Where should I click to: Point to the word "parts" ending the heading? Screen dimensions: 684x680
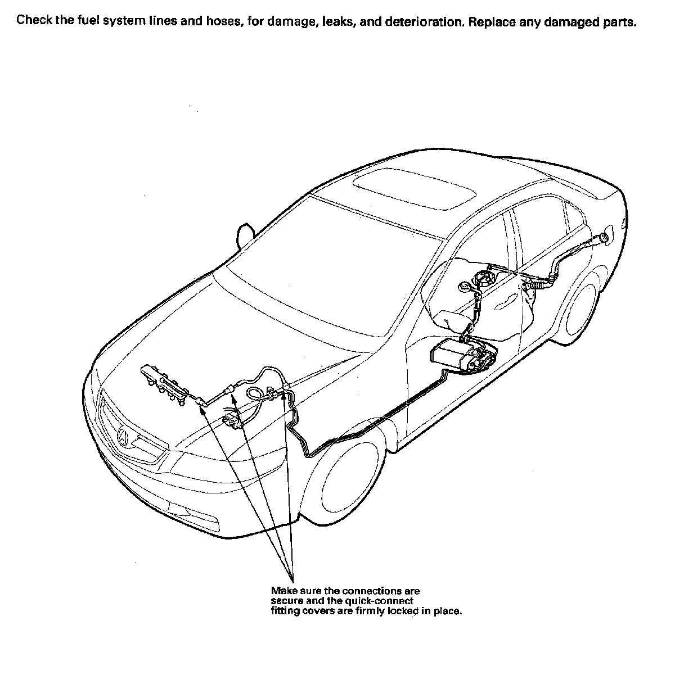click(x=620, y=22)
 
